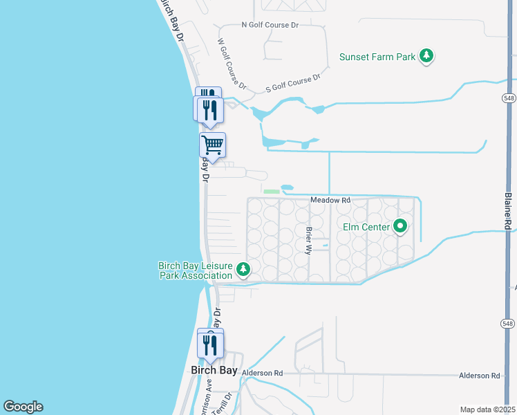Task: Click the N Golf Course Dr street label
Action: (x=270, y=25)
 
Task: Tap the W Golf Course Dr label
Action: (x=232, y=64)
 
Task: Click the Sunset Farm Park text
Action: (x=377, y=57)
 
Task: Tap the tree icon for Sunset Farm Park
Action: (x=427, y=56)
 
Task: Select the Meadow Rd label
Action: (x=330, y=200)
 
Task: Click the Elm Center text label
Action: (x=366, y=226)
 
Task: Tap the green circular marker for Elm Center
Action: (x=400, y=226)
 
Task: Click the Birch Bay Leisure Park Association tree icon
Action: (x=243, y=269)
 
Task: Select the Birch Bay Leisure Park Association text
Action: (x=195, y=270)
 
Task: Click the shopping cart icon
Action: (x=212, y=145)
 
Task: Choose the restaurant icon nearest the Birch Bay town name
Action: (x=210, y=344)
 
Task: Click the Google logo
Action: (x=23, y=407)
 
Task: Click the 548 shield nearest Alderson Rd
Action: (x=508, y=324)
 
